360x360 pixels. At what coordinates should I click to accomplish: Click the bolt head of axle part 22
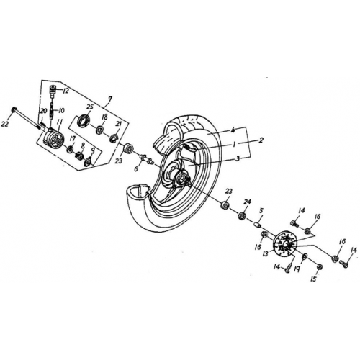click(x=14, y=110)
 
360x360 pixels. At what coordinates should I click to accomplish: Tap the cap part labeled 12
click(x=53, y=89)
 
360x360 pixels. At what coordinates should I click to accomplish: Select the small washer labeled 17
click(x=71, y=151)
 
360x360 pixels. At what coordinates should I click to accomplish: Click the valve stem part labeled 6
click(x=144, y=158)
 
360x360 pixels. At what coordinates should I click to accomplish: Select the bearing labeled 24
click(x=243, y=214)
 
